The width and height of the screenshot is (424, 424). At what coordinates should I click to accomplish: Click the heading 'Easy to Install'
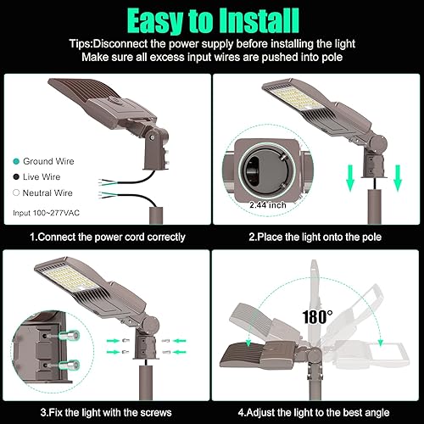212,19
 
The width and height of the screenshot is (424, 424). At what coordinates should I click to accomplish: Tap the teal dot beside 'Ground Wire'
16,160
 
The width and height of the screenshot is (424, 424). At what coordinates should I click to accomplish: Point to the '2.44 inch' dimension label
269,204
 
